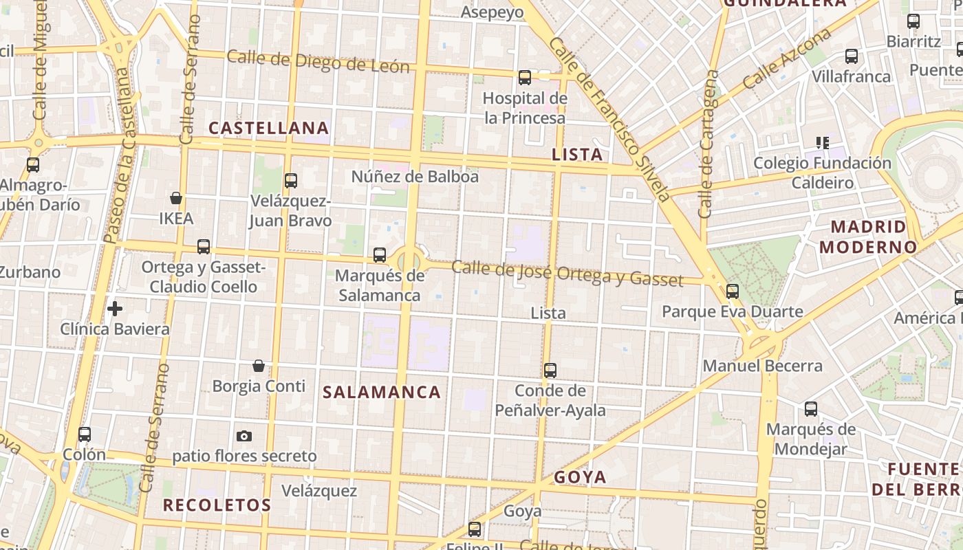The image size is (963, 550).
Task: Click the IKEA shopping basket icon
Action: tap(176, 198)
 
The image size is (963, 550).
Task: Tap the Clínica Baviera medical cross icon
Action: tap(115, 309)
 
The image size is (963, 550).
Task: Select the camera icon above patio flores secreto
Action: tap(244, 436)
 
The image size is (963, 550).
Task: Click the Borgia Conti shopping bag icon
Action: tap(259, 365)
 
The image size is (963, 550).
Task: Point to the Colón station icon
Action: tap(85, 434)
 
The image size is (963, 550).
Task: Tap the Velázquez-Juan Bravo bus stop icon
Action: tap(291, 181)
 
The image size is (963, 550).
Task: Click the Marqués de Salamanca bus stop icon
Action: tap(380, 255)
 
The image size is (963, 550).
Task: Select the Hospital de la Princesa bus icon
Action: tap(525, 78)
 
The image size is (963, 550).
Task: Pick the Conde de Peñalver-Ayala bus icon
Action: tap(550, 371)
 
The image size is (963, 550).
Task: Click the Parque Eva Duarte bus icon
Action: tap(733, 291)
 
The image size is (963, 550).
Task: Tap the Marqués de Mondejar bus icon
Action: tap(811, 409)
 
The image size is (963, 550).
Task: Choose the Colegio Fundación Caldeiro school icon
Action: tap(822, 143)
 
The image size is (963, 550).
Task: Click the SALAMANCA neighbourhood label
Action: tap(382, 392)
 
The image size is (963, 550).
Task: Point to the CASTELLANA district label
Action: tap(269, 128)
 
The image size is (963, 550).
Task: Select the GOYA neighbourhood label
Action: tap(580, 477)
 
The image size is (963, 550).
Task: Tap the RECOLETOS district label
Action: tap(217, 505)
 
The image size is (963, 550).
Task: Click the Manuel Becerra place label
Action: tap(762, 366)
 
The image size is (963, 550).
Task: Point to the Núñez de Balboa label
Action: tap(415, 177)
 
